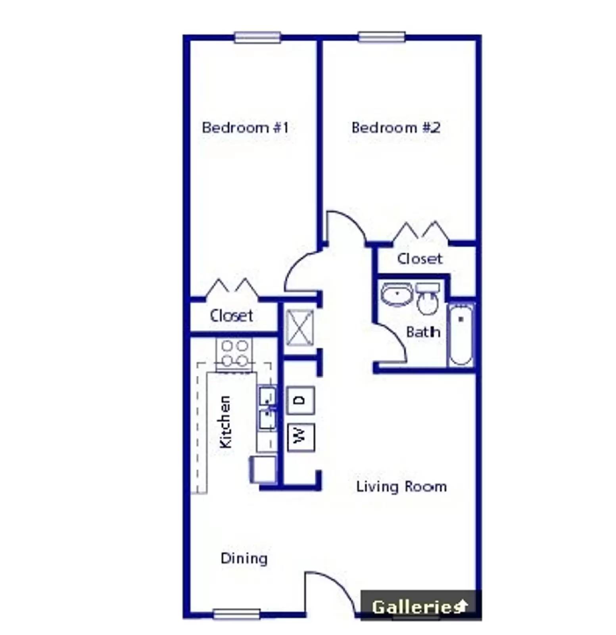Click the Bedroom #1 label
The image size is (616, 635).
(x=245, y=128)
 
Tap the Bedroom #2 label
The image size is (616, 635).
(x=395, y=128)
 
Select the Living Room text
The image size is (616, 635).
(x=401, y=487)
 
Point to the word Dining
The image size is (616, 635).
(x=244, y=558)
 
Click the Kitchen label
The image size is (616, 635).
(x=225, y=422)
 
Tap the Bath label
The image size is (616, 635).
(x=423, y=332)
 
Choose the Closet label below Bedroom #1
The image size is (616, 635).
(x=231, y=316)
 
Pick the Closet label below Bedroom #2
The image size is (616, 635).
(x=419, y=259)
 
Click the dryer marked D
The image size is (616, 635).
(x=301, y=400)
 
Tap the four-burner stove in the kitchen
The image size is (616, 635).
(x=234, y=353)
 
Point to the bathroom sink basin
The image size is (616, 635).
(x=397, y=294)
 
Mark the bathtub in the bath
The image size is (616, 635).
(x=461, y=335)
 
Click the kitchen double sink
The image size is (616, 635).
(x=267, y=409)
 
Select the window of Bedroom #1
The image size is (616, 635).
(x=257, y=37)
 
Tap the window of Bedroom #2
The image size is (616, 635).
(x=382, y=37)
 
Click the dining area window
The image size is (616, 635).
(x=237, y=614)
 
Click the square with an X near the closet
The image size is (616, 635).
(x=300, y=328)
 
